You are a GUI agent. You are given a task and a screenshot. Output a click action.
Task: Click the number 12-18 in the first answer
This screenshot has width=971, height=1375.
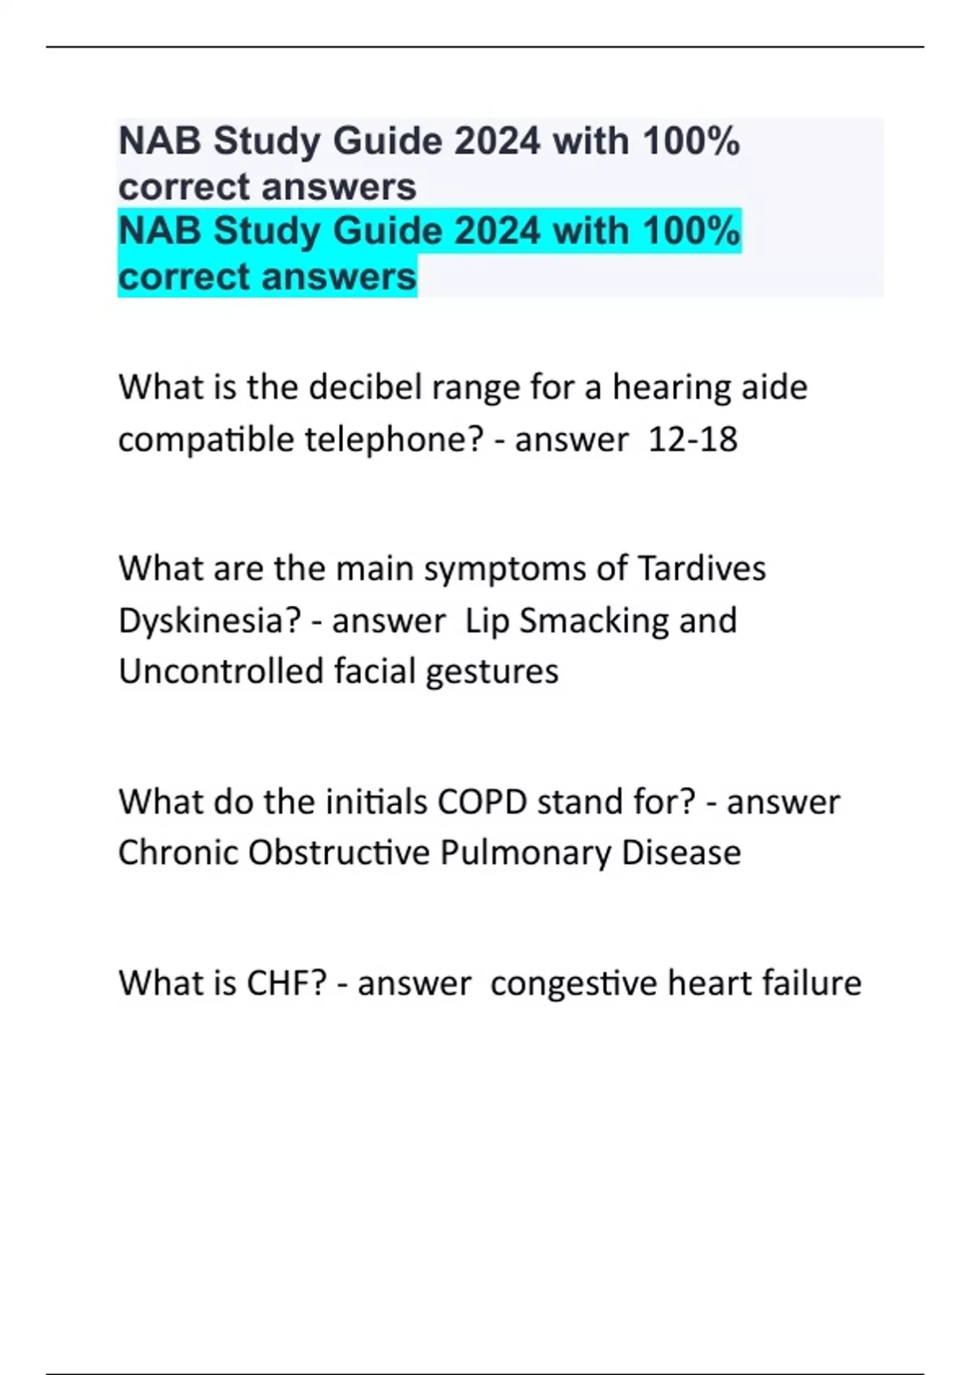click(x=692, y=440)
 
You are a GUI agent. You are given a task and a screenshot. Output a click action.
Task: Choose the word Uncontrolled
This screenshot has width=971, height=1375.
click(x=220, y=671)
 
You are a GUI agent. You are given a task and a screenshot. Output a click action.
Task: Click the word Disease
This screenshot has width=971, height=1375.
click(x=681, y=853)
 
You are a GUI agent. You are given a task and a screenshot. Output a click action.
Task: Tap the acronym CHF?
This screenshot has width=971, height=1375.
click(x=286, y=984)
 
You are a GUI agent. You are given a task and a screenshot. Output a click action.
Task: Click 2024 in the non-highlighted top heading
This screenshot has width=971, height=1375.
click(x=498, y=142)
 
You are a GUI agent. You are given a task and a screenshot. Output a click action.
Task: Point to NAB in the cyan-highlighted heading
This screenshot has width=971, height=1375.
click(x=159, y=231)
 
